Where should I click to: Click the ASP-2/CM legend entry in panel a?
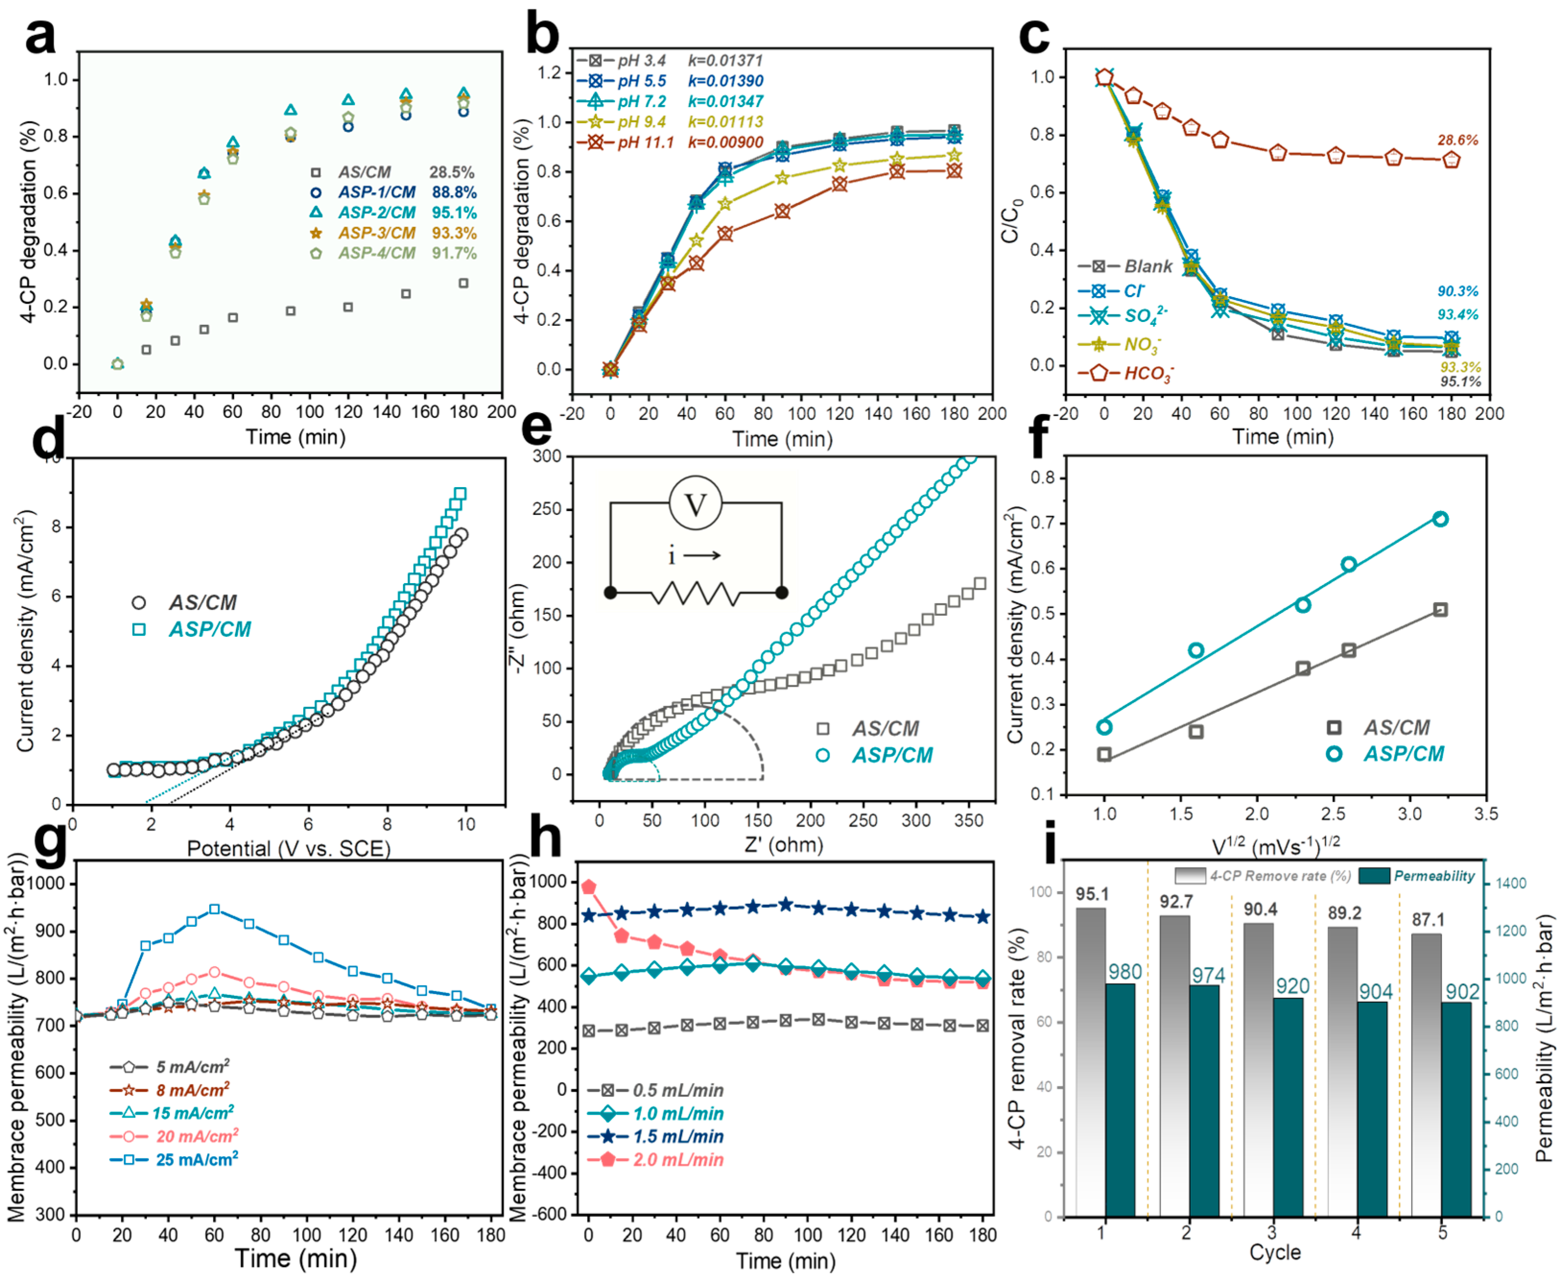click(x=376, y=213)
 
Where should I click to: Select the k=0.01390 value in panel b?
click(x=725, y=81)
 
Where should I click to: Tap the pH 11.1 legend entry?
click(x=644, y=143)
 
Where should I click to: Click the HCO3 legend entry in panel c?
click(x=1148, y=373)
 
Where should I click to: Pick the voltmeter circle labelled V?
click(x=695, y=504)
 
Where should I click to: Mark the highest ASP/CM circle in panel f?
click(x=1441, y=519)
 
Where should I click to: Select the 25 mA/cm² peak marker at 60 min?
click(x=214, y=909)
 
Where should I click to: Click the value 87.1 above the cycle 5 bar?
click(x=1427, y=920)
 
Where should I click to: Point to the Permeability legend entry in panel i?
click(x=1433, y=875)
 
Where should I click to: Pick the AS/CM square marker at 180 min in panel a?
click(x=464, y=283)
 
